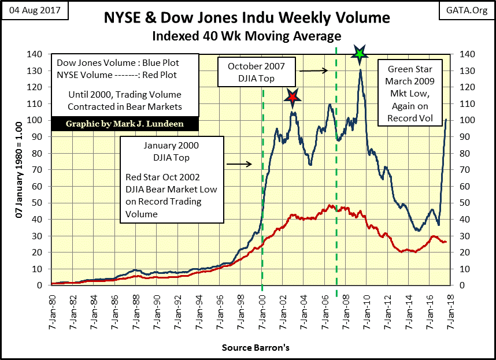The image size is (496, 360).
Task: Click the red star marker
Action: pyautogui.click(x=292, y=98)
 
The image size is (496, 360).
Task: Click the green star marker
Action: pyautogui.click(x=360, y=54)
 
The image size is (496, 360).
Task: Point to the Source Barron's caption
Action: pyautogui.click(x=256, y=348)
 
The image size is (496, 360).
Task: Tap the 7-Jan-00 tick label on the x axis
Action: pyautogui.click(x=262, y=306)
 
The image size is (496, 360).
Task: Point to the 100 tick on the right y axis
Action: pyautogui.click(x=467, y=120)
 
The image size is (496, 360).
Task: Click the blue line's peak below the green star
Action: pyautogui.click(x=361, y=70)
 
